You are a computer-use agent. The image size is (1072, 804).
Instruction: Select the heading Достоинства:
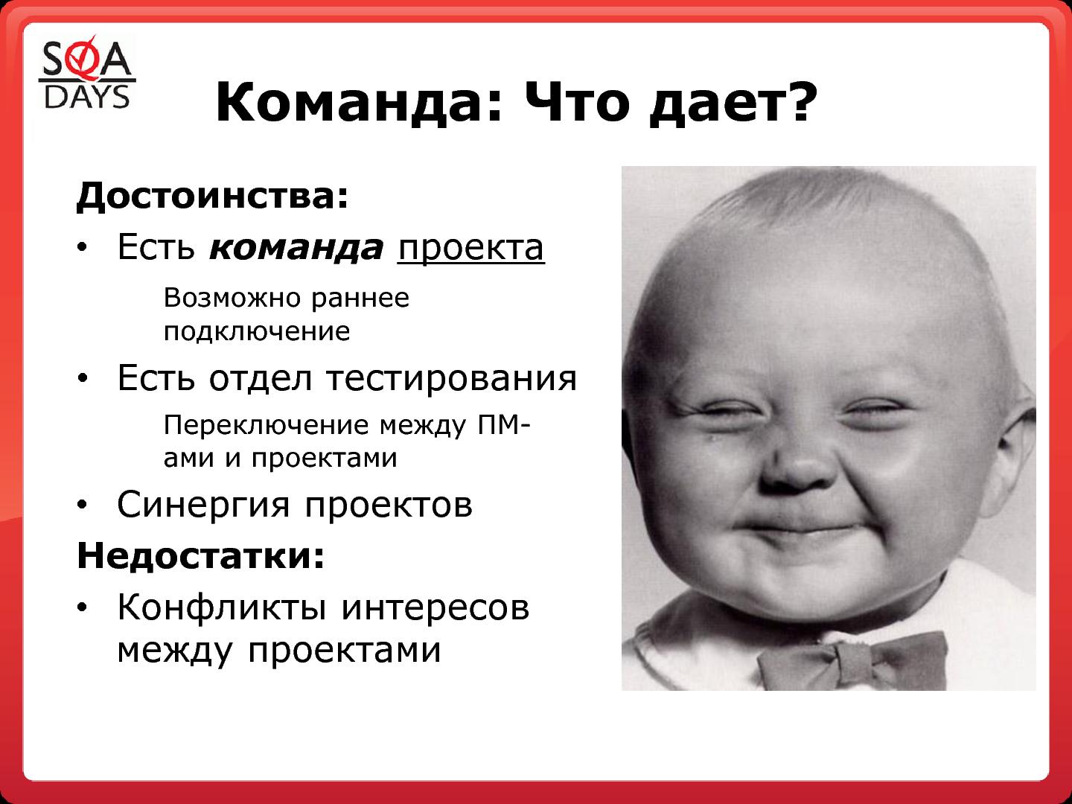212,195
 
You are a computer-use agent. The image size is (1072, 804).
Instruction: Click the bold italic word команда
296,248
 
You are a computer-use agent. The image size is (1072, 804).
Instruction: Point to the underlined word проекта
470,249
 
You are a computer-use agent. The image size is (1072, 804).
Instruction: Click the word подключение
257,332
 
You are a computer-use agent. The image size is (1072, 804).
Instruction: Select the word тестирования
452,379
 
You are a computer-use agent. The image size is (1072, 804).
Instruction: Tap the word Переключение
267,425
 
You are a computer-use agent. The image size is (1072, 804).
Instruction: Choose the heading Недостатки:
201,555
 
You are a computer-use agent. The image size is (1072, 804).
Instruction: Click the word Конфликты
222,608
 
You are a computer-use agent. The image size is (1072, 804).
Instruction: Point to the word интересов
435,609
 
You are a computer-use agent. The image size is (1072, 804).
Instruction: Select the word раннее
360,299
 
